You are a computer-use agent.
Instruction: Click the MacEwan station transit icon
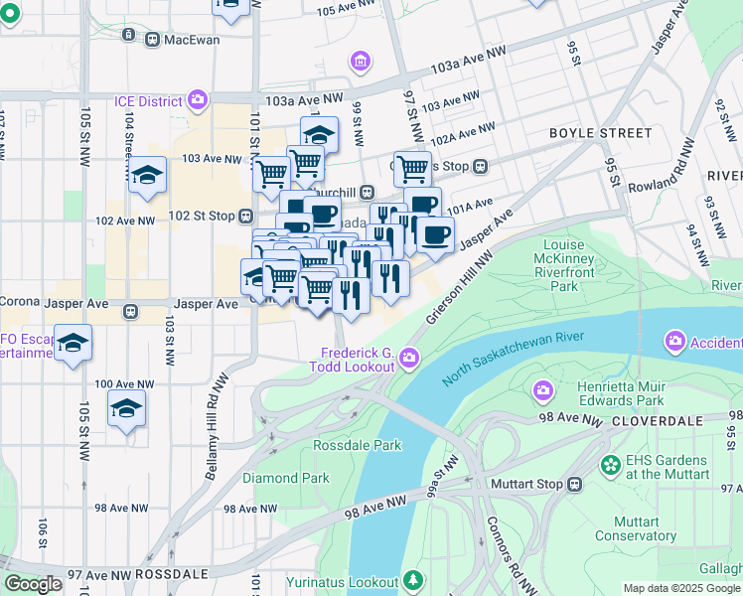coord(152,40)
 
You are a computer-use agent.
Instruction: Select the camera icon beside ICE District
coord(199,99)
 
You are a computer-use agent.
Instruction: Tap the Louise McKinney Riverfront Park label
coord(578,265)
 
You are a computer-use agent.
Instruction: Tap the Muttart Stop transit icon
coord(574,485)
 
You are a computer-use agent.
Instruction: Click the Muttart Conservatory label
coord(636,528)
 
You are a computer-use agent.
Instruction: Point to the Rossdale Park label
coord(358,445)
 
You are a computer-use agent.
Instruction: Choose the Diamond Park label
coord(285,478)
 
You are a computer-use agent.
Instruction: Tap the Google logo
coord(33,584)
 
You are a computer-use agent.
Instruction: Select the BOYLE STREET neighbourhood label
coord(601,133)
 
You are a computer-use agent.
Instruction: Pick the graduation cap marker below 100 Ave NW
coord(127,409)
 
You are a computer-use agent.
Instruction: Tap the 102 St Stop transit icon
coord(243,216)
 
